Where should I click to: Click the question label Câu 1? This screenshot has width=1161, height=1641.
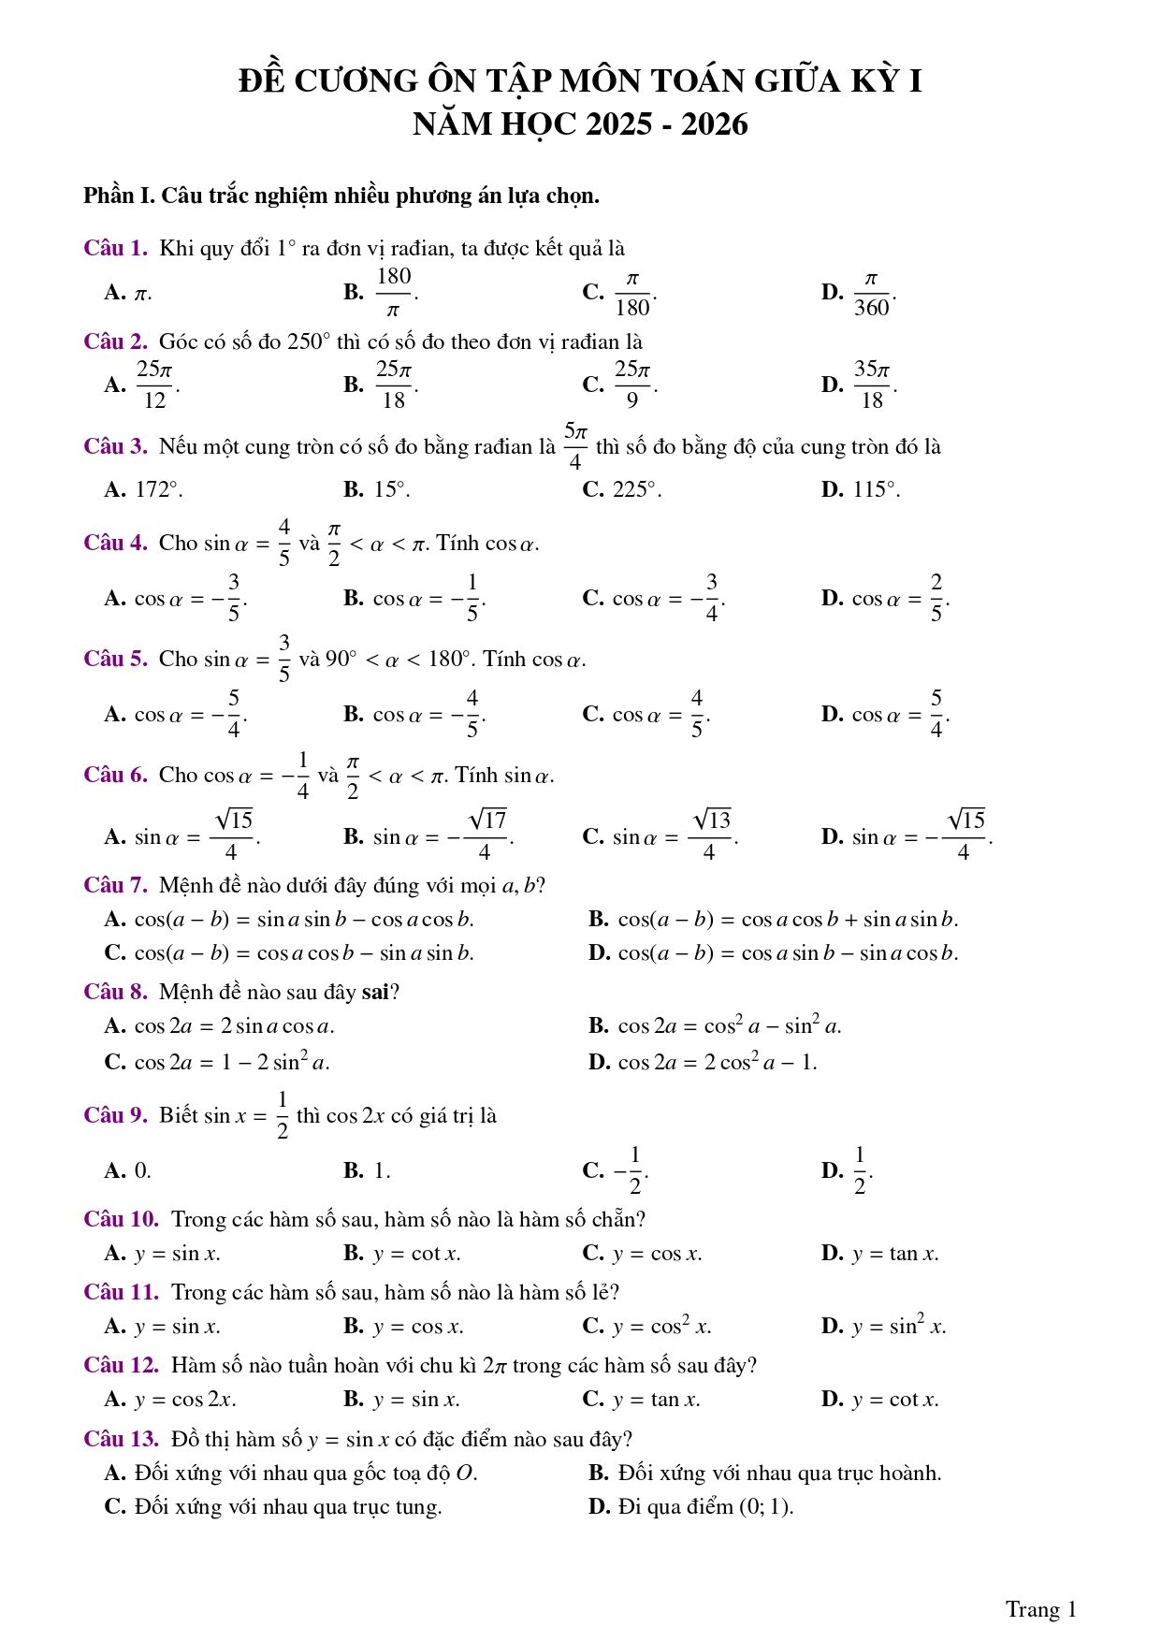click(115, 248)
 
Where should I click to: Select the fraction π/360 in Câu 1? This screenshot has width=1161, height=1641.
click(871, 293)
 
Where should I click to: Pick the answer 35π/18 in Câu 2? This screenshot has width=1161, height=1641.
click(871, 385)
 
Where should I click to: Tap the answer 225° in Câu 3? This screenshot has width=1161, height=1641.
click(636, 489)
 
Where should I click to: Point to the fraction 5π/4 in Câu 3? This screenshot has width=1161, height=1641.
click(575, 446)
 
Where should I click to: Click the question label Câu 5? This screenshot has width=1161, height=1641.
click(115, 659)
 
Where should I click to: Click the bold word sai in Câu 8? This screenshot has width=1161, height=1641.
click(374, 992)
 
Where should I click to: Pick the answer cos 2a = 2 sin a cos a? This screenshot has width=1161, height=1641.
click(234, 1026)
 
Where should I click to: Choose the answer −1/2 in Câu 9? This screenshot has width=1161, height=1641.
click(631, 1170)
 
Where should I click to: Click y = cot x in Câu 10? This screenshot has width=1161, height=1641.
click(416, 1254)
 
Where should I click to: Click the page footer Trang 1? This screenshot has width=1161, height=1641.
click(1040, 1609)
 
